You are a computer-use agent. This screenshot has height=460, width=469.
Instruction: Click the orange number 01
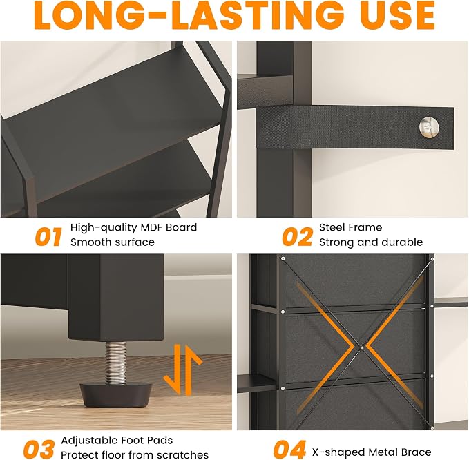pos(48,237)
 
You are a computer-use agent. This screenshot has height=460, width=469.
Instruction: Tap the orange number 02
pos(297,237)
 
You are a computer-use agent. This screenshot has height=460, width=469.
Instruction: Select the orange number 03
pos(39,449)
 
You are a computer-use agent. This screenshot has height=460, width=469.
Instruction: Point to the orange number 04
pos(289,449)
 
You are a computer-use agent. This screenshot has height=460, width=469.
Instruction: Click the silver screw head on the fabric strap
pos(429,127)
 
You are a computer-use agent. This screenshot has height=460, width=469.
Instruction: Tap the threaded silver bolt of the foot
pos(115,363)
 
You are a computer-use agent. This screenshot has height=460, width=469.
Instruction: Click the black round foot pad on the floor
pos(115,395)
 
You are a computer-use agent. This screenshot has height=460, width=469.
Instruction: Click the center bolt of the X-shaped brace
pos(361,347)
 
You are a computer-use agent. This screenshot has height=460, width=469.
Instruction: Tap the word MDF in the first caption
pos(152,227)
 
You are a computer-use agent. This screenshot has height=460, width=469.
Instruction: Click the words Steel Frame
pos(351,227)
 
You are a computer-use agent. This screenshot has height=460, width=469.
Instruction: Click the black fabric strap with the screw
pos(354,127)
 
